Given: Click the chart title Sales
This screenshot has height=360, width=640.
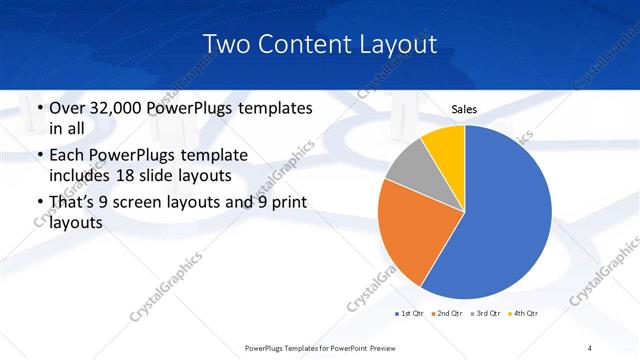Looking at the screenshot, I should pos(464,110).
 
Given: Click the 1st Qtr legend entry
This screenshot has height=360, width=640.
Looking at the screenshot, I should pos(410,314).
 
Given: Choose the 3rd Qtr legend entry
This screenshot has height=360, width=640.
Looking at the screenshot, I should pos(487,314).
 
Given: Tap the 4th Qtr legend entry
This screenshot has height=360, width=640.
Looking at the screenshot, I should pos(525,314).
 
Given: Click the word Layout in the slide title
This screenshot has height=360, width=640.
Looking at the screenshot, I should pos(395,44).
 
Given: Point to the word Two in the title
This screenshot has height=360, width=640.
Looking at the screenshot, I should pos(225,44).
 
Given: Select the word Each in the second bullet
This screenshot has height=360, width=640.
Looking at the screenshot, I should pos(67,156).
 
